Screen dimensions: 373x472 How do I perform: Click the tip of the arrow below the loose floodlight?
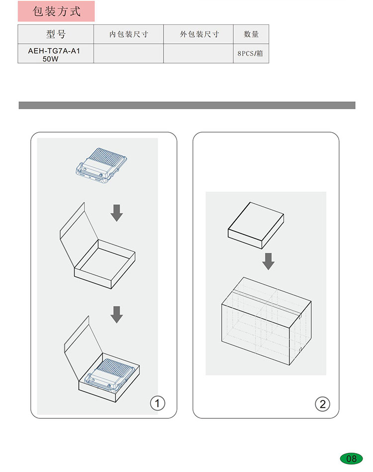(116, 222)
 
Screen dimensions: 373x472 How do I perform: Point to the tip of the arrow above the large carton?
(268, 270)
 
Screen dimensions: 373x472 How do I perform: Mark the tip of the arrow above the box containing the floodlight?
(116, 323)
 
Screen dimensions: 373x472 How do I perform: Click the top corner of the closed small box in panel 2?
(250, 202)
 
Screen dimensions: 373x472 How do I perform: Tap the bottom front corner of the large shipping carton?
(289, 365)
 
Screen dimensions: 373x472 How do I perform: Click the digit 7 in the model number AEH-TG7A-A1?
(58, 51)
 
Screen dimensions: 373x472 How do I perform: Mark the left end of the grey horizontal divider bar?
(19, 105)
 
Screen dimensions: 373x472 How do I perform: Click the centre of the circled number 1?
(157, 403)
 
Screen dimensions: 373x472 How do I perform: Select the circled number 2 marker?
(322, 404)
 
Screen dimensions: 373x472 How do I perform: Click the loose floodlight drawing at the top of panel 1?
(101, 165)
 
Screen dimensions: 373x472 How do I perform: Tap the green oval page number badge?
(351, 459)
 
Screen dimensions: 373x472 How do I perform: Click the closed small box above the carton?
(256, 226)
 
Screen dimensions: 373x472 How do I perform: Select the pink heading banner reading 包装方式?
(56, 11)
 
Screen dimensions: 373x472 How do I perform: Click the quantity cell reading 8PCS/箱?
(251, 54)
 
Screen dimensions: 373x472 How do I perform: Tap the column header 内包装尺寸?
(129, 34)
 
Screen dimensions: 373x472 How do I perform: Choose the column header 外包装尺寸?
(199, 34)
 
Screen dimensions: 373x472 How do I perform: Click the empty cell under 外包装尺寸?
(198, 54)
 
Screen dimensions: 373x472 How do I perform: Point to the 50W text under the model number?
(51, 59)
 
